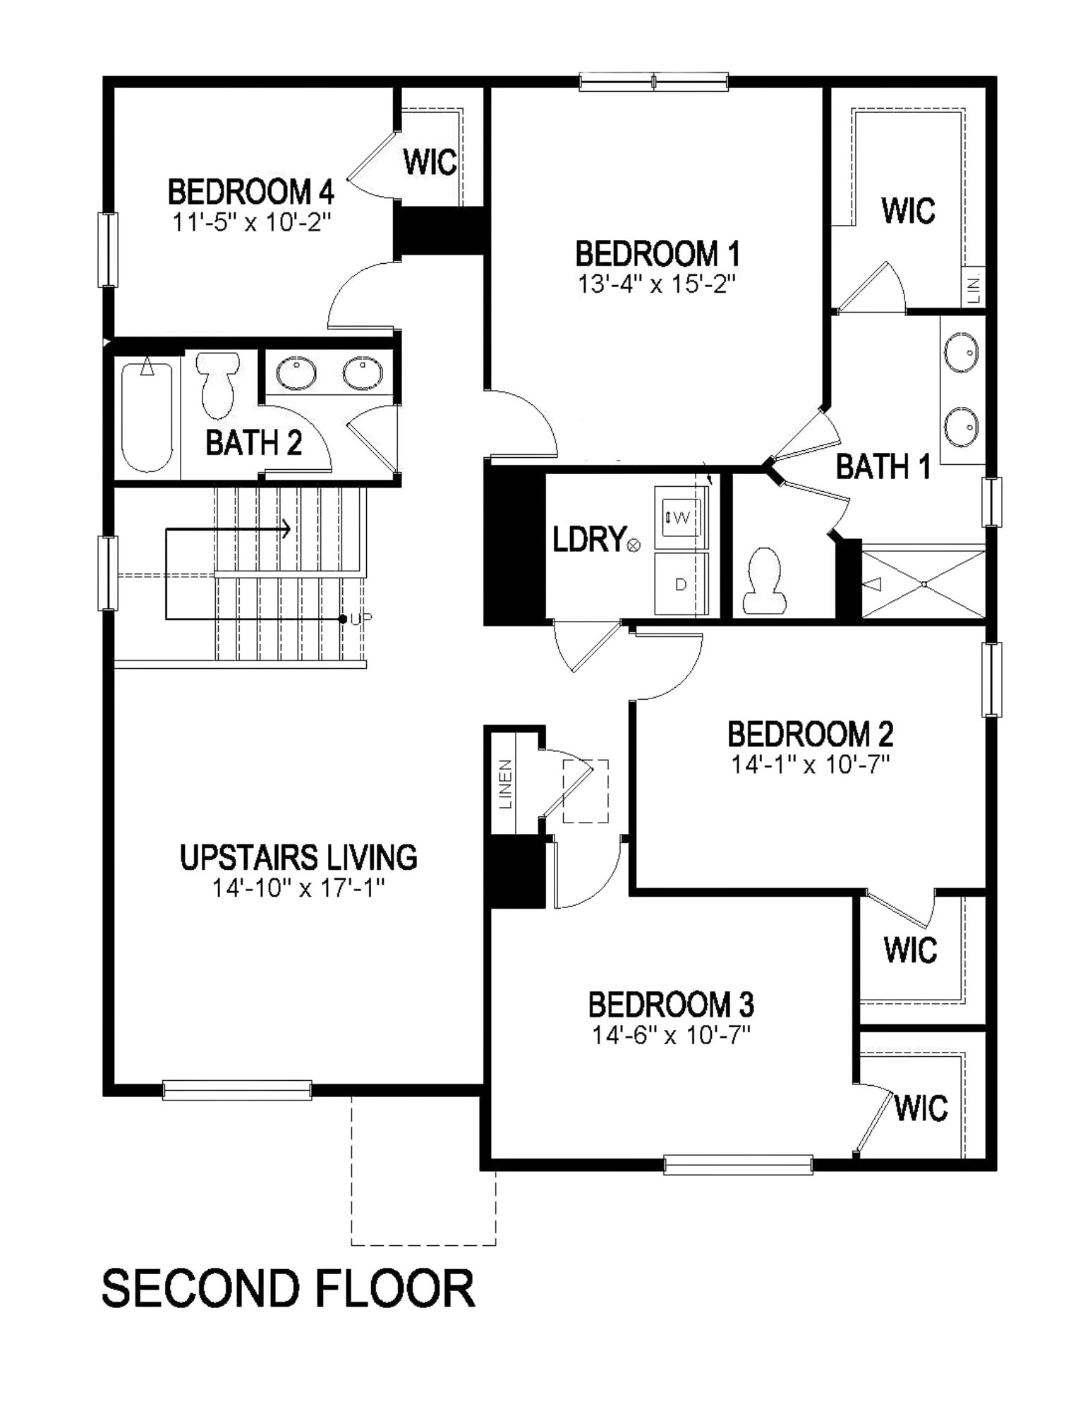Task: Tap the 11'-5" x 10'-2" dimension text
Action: tap(252, 222)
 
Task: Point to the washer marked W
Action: tap(681, 517)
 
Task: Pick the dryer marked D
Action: tap(681, 583)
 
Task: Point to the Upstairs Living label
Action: tap(298, 857)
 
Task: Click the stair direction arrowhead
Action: tap(286, 528)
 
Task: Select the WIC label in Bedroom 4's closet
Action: tap(430, 162)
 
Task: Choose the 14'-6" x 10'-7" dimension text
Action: tap(671, 1035)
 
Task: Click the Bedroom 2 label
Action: tap(810, 734)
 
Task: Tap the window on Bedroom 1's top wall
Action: tap(653, 82)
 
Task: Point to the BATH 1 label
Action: tap(883, 466)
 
